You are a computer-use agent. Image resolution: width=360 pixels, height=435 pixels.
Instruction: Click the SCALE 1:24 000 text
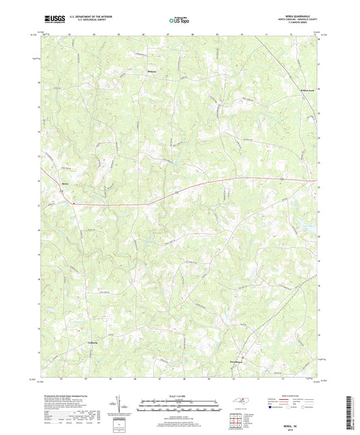180,396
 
